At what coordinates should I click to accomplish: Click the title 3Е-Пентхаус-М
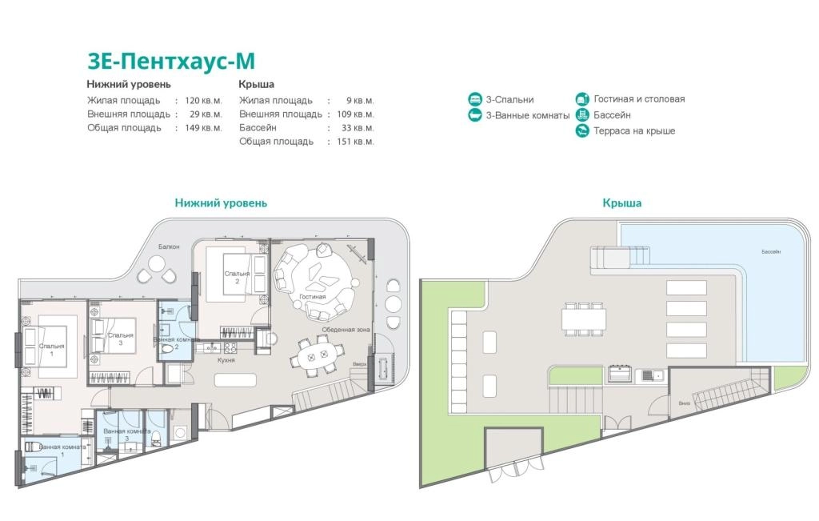click(171, 61)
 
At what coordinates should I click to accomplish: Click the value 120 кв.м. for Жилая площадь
click(203, 100)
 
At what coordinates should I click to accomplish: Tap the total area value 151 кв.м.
click(355, 141)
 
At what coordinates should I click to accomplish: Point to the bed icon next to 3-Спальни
click(475, 98)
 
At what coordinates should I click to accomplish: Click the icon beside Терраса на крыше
click(582, 130)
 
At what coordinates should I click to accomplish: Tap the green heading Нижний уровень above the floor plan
click(221, 202)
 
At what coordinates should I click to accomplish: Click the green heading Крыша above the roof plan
click(622, 202)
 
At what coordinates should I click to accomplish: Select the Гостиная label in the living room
click(313, 297)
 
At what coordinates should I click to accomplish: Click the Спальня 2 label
click(237, 277)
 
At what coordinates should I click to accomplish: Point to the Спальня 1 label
click(51, 350)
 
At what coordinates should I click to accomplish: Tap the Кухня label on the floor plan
click(226, 360)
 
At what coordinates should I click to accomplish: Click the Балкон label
click(169, 246)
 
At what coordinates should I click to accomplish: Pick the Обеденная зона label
click(346, 330)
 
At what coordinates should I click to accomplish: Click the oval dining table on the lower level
click(318, 358)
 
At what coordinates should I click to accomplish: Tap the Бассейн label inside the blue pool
click(771, 252)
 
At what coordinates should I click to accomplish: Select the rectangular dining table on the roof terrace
click(584, 319)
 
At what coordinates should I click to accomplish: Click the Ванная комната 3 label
click(127, 435)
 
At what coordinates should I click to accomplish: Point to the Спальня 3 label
click(121, 339)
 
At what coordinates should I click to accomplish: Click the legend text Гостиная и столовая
click(639, 98)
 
